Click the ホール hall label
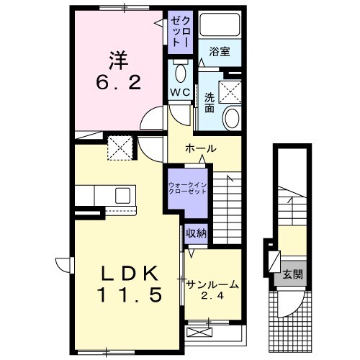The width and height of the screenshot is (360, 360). (201, 148)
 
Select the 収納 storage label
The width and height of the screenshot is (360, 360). (195, 233)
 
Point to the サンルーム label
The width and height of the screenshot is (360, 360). (212, 284)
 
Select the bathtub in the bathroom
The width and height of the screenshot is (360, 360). (220, 26)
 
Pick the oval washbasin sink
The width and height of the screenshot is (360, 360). (233, 119)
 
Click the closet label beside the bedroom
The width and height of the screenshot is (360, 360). (179, 32)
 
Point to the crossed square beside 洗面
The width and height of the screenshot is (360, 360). (231, 91)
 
